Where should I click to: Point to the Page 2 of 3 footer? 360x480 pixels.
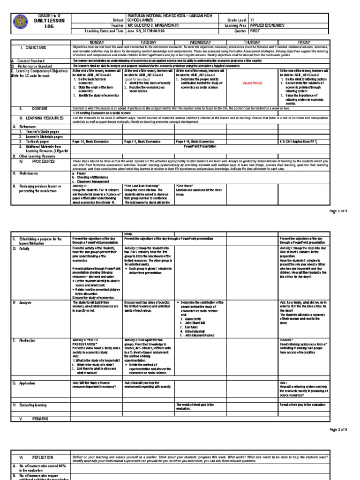coord(338,429)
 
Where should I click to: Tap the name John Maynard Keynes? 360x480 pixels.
coord(202,336)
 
